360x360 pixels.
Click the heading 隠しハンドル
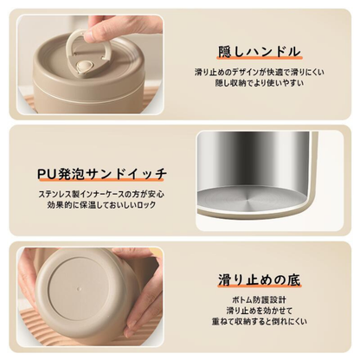pos(260,50)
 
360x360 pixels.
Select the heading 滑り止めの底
pos(260,280)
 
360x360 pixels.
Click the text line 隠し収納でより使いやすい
pos(260,85)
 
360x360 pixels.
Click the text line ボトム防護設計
pos(260,300)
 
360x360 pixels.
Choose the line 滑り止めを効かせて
pos(260,312)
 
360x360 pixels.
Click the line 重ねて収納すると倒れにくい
pos(260,325)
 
